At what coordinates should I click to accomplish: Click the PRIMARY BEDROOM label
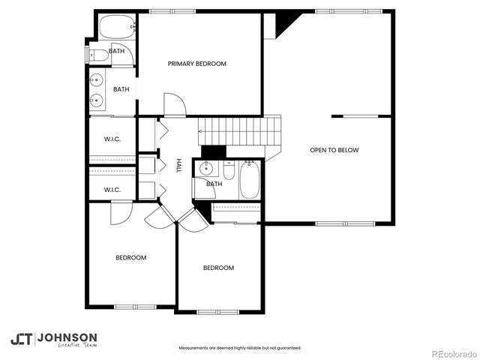[x=196, y=64]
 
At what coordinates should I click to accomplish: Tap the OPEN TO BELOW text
[x=334, y=150]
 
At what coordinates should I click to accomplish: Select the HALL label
[x=178, y=166]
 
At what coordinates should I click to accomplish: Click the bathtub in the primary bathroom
[x=115, y=28]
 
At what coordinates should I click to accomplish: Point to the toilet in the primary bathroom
[x=98, y=54]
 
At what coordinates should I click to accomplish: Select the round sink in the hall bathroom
[x=205, y=167]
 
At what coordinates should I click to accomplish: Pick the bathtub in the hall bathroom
[x=249, y=181]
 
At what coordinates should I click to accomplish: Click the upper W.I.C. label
[x=112, y=139]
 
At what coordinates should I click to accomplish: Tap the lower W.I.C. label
[x=112, y=190]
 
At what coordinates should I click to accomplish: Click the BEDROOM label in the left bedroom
[x=130, y=257]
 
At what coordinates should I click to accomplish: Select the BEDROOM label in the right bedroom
[x=218, y=268]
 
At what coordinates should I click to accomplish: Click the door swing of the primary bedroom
[x=173, y=104]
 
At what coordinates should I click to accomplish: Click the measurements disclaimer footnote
[x=239, y=348]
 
